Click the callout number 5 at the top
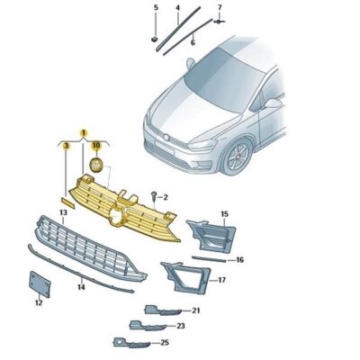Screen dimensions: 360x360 155,8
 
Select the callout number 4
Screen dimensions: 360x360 177,8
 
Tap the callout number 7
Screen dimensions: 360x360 220,8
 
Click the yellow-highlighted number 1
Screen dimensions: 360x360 84,132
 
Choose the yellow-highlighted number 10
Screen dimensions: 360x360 96,144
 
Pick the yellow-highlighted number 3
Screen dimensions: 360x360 66,145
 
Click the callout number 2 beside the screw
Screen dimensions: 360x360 166,195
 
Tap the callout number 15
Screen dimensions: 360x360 224,214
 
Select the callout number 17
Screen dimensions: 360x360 221,280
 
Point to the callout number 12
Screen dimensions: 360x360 39,303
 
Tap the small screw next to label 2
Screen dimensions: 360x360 155,194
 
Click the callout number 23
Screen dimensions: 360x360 180,326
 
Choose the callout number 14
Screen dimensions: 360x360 81,287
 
